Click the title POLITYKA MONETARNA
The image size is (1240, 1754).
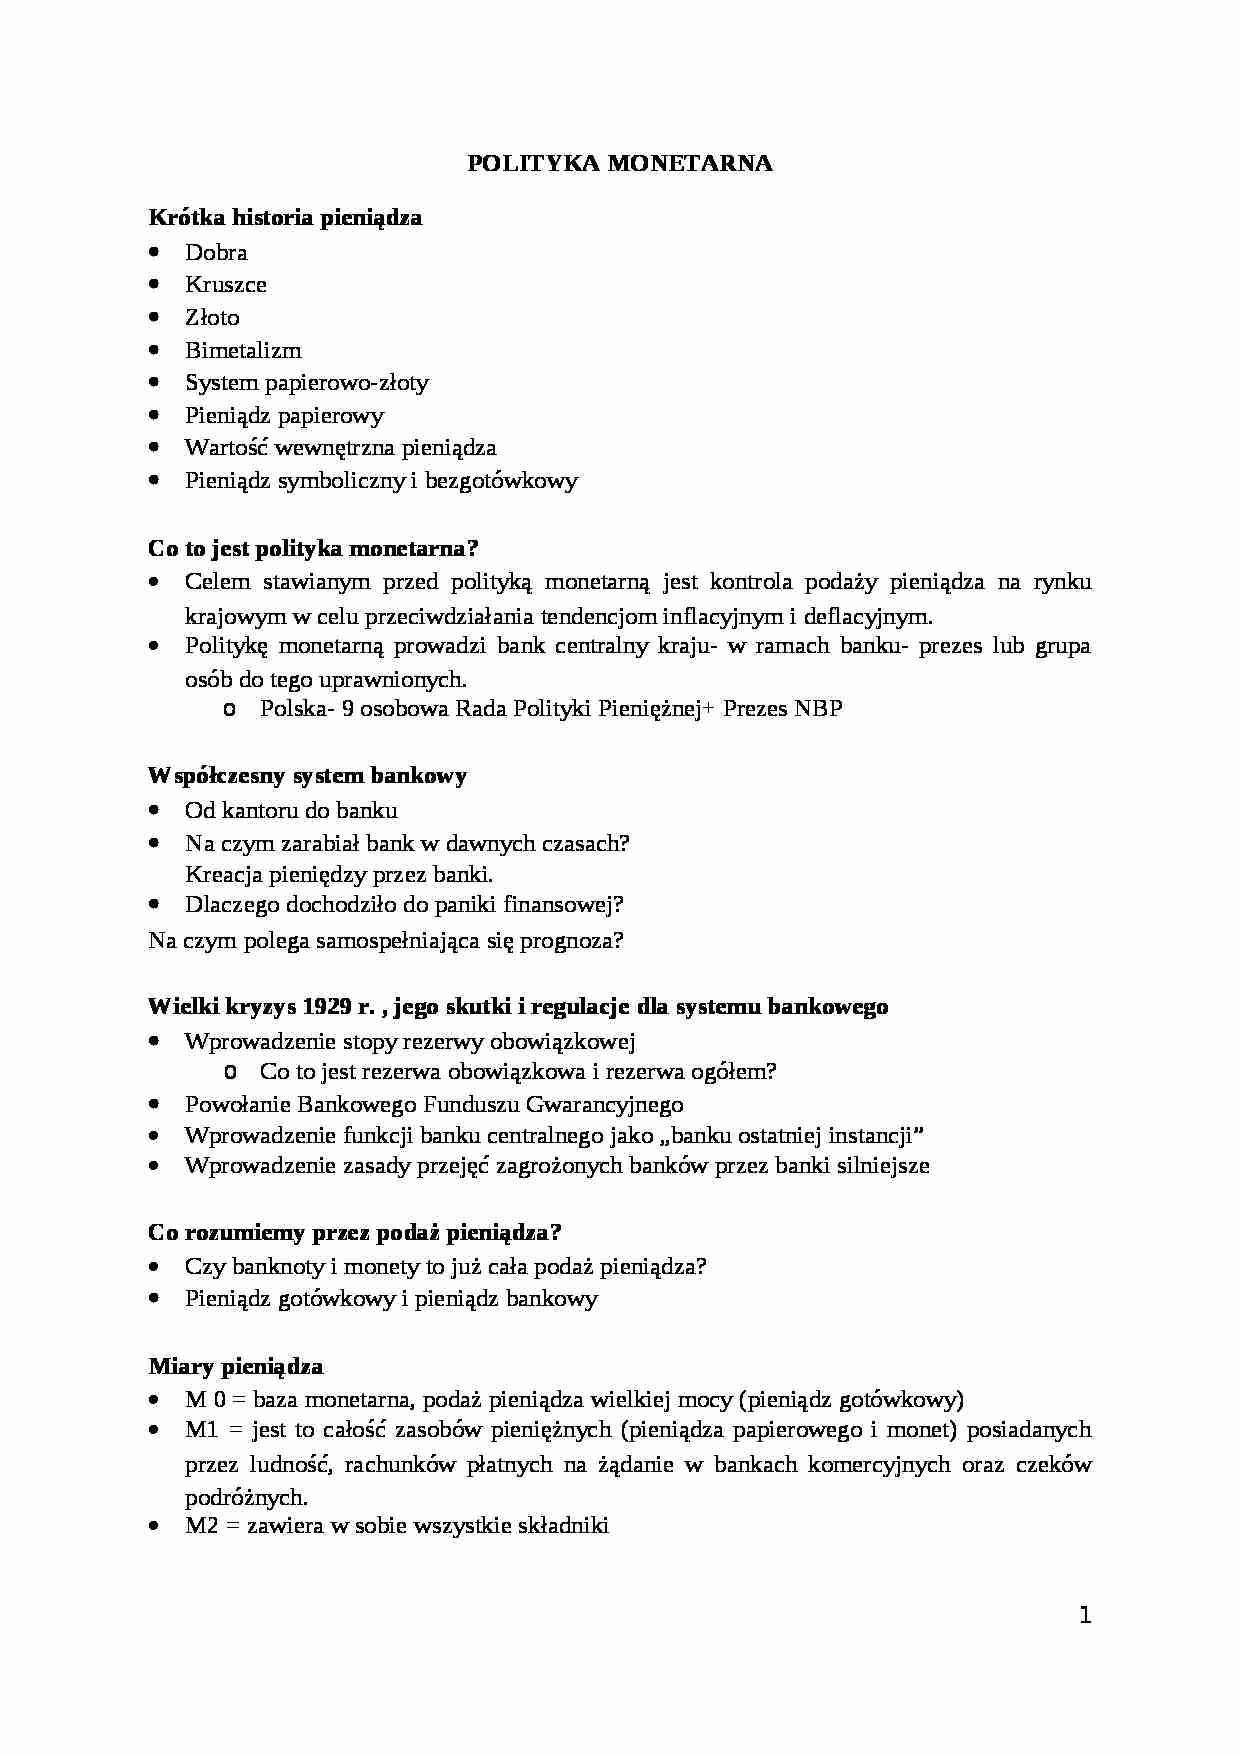(620, 164)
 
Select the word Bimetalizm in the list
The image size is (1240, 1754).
(243, 351)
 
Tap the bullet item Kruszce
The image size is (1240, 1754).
(226, 285)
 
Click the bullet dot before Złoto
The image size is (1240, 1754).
(153, 317)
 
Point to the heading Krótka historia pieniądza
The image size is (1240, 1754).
(285, 217)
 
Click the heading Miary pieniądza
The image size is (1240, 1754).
(236, 1366)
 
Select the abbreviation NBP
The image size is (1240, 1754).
(818, 710)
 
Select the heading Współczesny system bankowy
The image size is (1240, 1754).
(307, 776)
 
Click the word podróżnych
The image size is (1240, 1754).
(245, 1498)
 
